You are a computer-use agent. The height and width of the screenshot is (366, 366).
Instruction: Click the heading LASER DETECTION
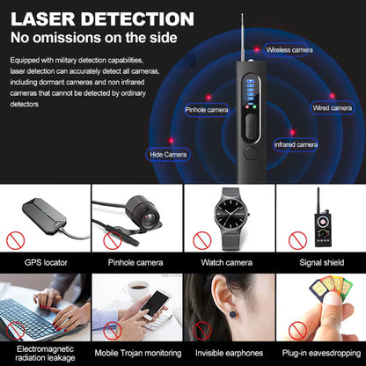click(x=102, y=18)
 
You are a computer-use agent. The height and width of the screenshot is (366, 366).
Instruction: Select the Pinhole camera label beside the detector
click(x=207, y=110)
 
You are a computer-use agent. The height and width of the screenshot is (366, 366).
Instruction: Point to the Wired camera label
click(x=333, y=107)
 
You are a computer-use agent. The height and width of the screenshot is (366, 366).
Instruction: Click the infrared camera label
click(x=296, y=143)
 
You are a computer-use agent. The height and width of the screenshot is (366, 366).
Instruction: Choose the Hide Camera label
click(x=169, y=154)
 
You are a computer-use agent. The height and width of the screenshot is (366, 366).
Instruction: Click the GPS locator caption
click(x=45, y=261)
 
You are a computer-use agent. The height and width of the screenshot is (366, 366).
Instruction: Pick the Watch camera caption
click(x=227, y=261)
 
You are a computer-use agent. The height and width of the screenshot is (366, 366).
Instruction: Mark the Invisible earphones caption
click(x=228, y=348)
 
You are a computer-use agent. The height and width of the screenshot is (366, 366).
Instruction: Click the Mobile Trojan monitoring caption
click(x=136, y=348)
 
